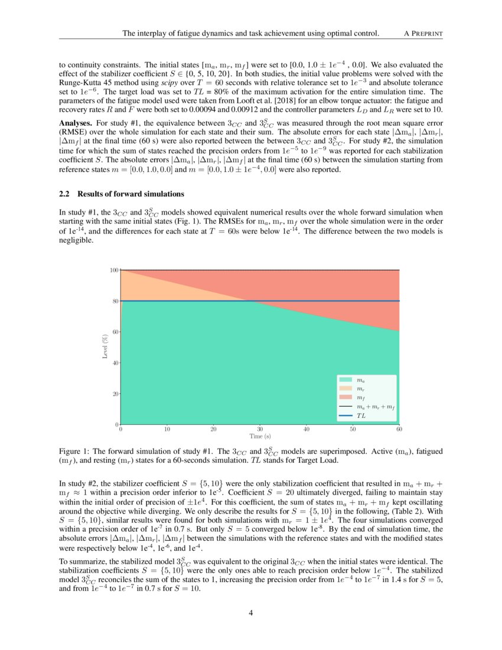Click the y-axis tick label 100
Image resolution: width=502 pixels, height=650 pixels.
(114, 270)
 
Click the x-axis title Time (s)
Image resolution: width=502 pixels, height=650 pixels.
(259, 437)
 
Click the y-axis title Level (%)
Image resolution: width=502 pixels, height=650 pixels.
(105, 347)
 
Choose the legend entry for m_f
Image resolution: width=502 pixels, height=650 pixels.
(360, 399)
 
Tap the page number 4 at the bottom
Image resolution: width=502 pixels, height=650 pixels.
(251, 613)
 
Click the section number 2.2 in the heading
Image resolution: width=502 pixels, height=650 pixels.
(66, 194)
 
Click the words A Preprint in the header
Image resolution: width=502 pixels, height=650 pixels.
(423, 34)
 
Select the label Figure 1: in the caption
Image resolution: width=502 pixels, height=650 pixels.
(76, 451)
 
